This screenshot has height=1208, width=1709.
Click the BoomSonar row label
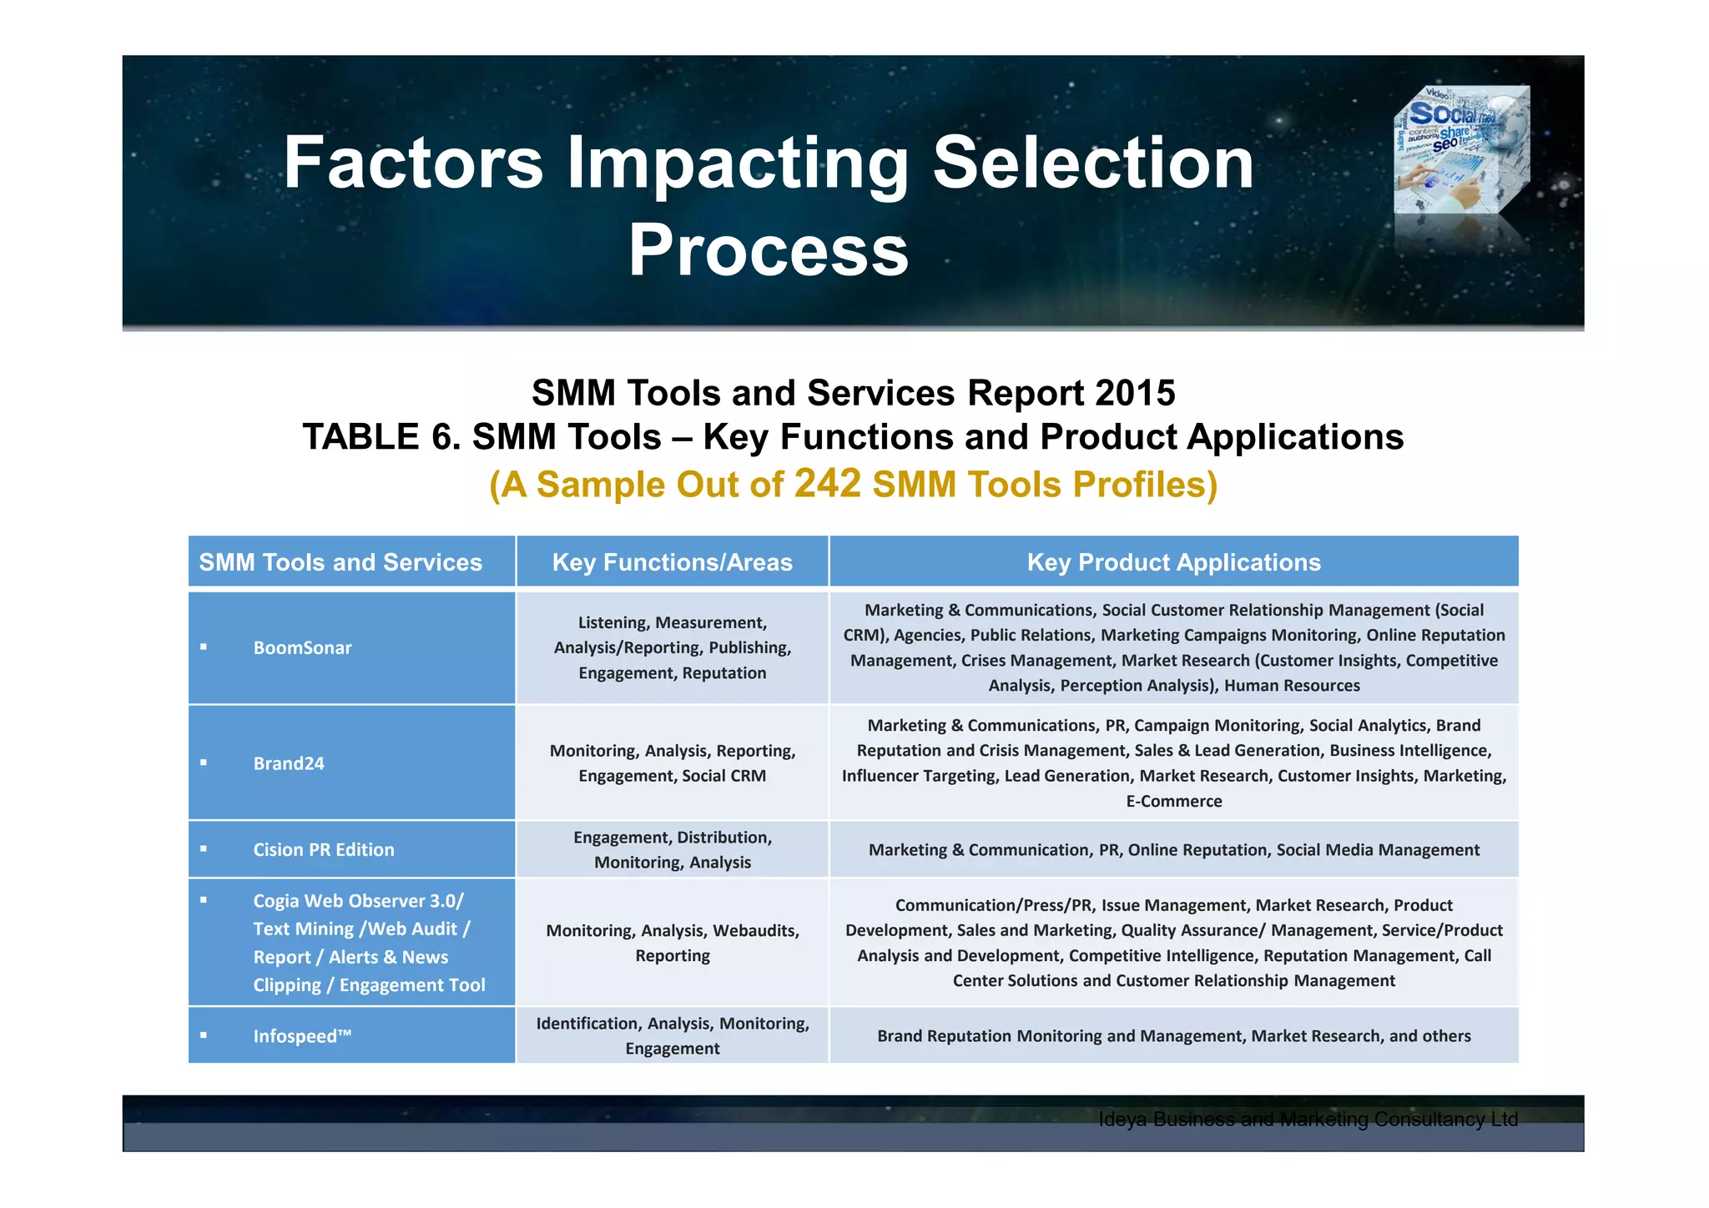[x=302, y=648]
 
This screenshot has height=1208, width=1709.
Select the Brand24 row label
[x=289, y=763]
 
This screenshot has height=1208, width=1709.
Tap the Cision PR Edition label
[x=324, y=850]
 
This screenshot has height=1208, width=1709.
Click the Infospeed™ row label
[x=302, y=1036]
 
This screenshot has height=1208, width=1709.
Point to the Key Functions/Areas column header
[x=672, y=562]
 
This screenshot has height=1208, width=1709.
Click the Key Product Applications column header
[x=1173, y=562]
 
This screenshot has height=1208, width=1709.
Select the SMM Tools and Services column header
[x=340, y=562]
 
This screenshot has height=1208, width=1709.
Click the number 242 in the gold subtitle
[x=827, y=484]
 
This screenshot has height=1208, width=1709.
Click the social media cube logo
[x=1462, y=150]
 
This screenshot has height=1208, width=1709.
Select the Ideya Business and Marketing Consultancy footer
[x=1308, y=1120]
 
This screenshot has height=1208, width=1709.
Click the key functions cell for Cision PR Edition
[x=672, y=850]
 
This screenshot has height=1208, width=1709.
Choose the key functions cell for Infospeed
[x=672, y=1036]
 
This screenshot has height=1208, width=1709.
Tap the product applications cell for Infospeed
[x=1173, y=1036]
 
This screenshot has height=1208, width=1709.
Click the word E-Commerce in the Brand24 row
[x=1173, y=802]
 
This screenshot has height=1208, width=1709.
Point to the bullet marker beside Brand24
[x=204, y=763]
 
